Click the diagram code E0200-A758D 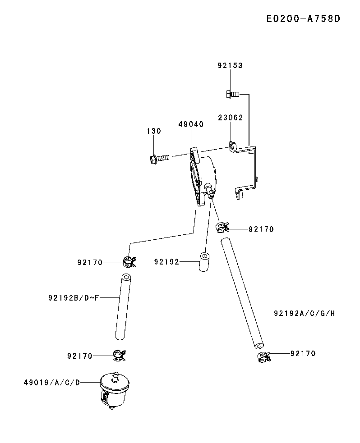302,19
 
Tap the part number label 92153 230,65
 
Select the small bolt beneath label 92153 231,94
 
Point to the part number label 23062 230,118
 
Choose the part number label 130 153,131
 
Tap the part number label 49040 191,124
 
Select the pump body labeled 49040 203,178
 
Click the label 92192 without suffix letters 166,261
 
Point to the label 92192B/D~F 74,297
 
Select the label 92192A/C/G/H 304,313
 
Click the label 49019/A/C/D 52,383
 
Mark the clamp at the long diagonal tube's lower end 263,358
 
